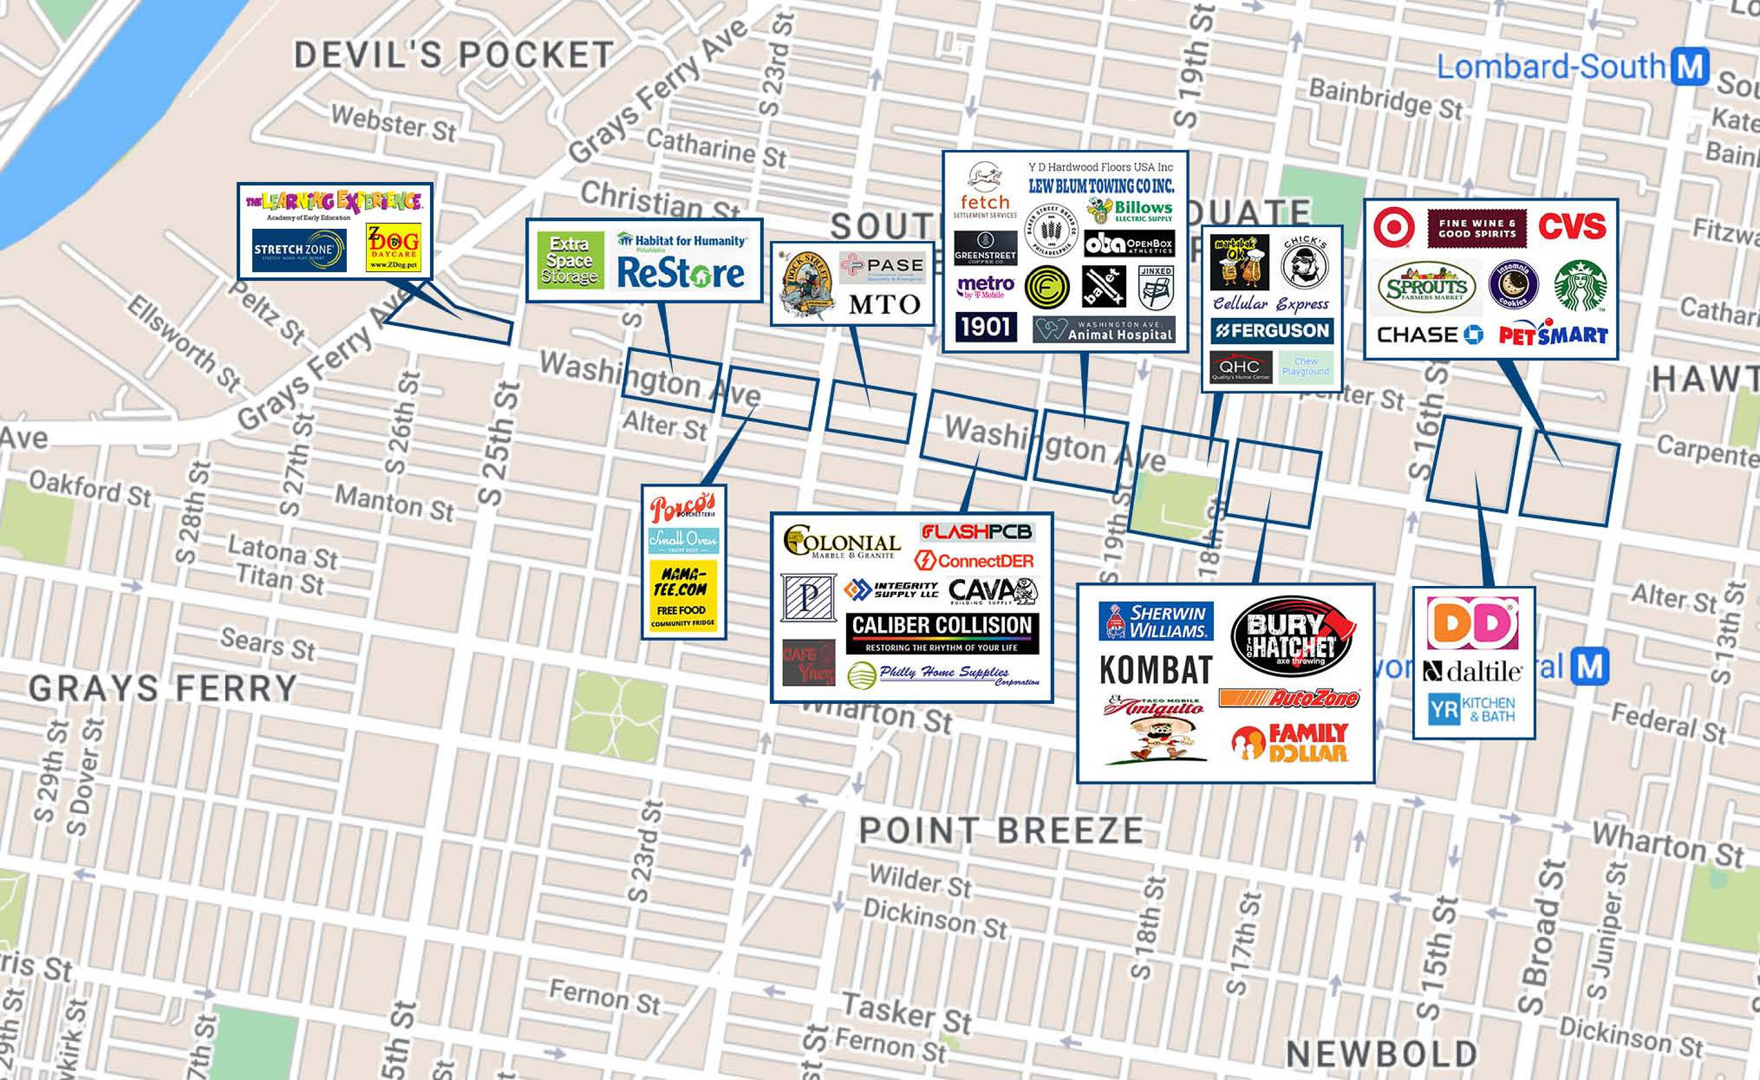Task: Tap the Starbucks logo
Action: tap(1579, 285)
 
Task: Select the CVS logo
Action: tap(1572, 226)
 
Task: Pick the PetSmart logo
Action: tap(1552, 334)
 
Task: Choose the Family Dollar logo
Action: tap(1290, 743)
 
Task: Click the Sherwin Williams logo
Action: tap(1155, 621)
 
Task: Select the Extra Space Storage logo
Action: tap(569, 260)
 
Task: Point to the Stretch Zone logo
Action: tap(299, 250)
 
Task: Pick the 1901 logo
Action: tap(986, 326)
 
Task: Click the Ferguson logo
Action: tap(1271, 331)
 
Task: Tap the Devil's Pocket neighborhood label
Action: tap(453, 55)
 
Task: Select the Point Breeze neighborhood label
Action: tap(1000, 830)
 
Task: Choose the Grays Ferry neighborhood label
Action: tap(162, 689)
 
